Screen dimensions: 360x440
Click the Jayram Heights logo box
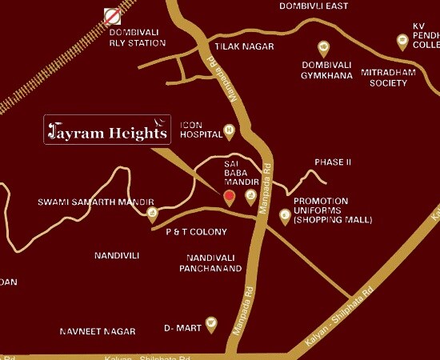pos(107,130)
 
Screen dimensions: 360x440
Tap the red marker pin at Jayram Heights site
pos(229,197)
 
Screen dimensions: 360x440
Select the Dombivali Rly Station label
pos(137,37)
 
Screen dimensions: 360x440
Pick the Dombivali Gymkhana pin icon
pos(323,47)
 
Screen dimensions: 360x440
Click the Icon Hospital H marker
pos(229,129)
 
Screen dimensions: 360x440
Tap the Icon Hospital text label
pos(199,130)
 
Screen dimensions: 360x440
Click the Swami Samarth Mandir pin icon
pos(152,213)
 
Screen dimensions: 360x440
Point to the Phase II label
pos(333,162)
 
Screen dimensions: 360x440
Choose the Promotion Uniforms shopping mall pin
pos(284,215)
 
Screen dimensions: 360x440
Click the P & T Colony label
pos(196,232)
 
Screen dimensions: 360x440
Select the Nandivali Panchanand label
pos(210,263)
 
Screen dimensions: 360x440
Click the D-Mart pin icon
pos(211,323)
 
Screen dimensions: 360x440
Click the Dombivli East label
pos(314,6)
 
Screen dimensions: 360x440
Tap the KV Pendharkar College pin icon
pos(402,40)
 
